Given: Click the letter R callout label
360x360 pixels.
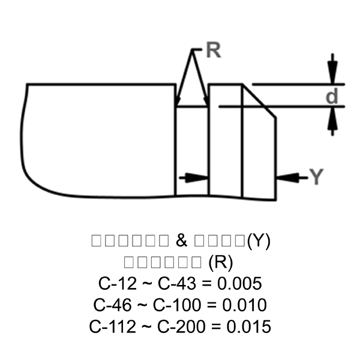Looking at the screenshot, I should coord(213,52).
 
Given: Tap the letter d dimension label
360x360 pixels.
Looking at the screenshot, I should coord(332,96).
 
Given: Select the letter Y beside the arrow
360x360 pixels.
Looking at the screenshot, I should coord(316,177).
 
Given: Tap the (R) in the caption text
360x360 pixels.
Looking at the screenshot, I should coord(220,262).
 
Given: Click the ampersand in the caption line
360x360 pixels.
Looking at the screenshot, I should coord(182,241).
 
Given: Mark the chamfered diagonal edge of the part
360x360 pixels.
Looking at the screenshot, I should coord(259,101).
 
